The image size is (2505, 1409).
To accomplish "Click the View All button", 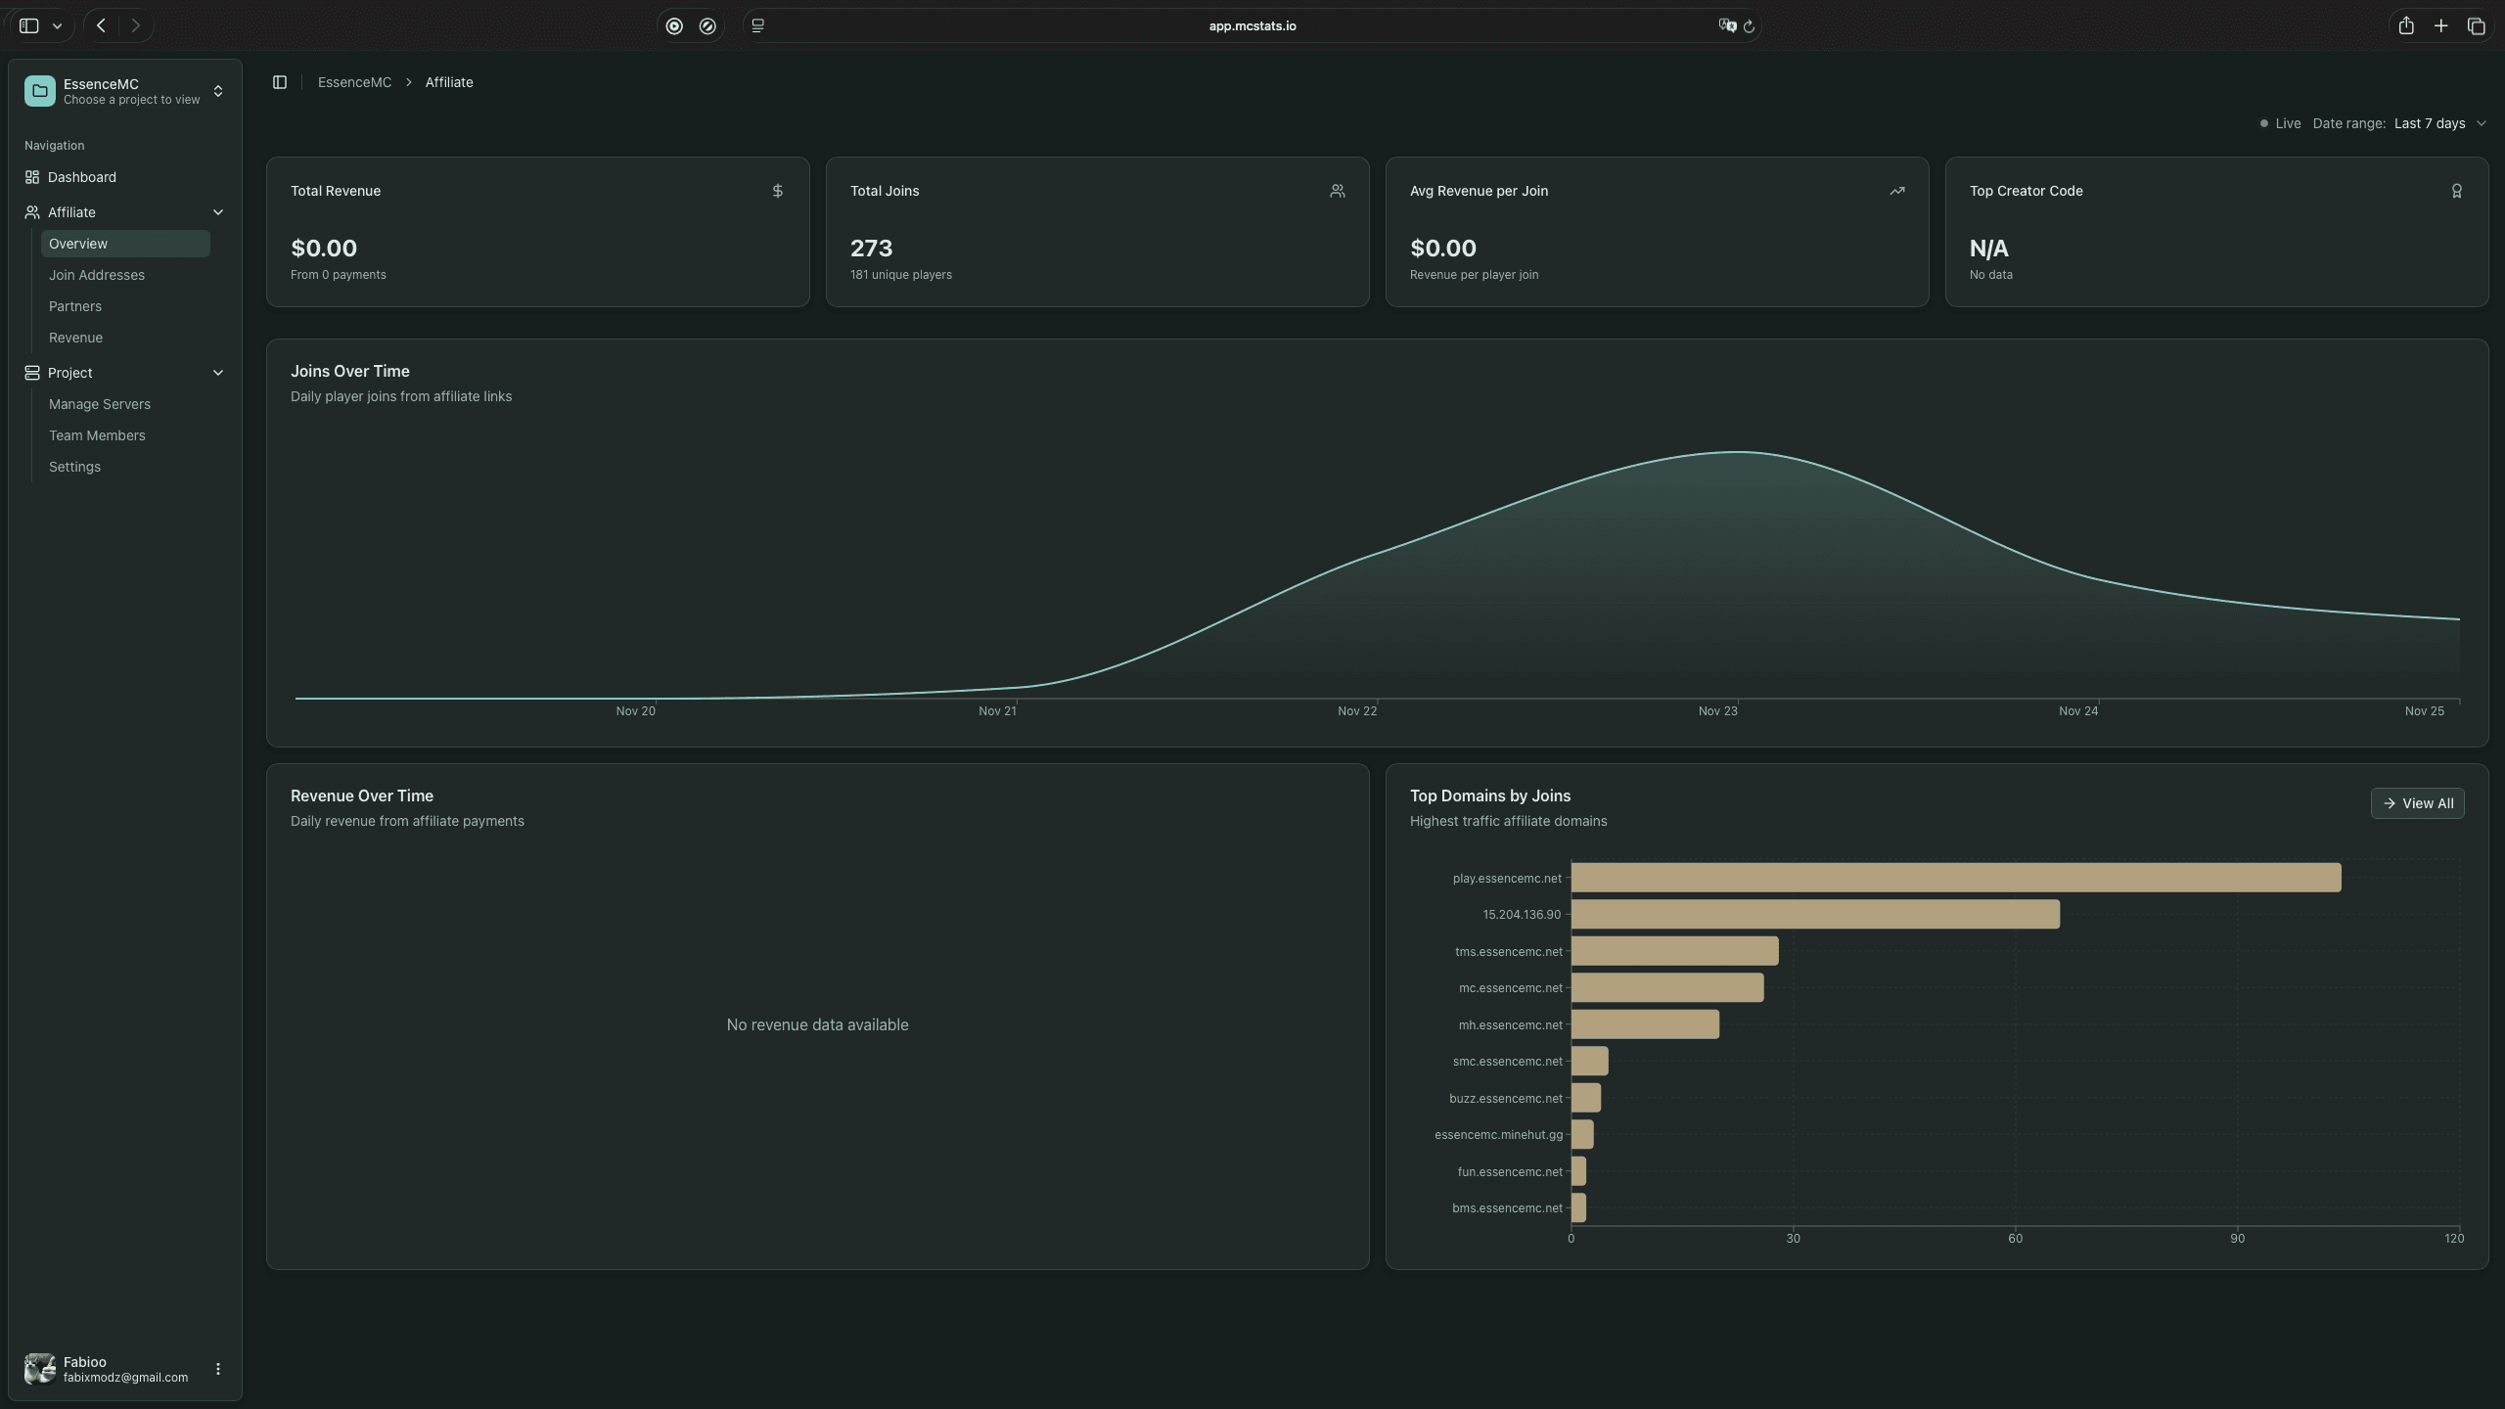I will [x=2417, y=803].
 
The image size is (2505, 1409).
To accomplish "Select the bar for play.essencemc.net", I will [x=1955, y=878].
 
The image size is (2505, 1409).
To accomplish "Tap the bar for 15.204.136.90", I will [x=1814, y=915].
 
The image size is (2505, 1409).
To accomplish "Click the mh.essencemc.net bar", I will [x=1644, y=1024].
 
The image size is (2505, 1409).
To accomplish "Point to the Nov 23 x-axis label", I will [x=1717, y=711].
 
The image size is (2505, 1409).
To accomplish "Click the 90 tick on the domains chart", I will [x=2237, y=1239].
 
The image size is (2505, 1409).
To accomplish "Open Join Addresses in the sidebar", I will [x=97, y=275].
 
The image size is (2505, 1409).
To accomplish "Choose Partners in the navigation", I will [x=75, y=306].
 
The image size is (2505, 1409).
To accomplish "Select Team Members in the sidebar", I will [x=97, y=435].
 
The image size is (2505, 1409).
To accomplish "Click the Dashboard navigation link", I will [x=82, y=177].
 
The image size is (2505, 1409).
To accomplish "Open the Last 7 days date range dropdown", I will [x=2439, y=123].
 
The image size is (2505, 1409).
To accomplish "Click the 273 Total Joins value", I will [x=871, y=249].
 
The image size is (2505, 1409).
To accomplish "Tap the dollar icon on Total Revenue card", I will [x=777, y=191].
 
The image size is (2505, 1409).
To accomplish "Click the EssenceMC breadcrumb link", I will [x=354, y=82].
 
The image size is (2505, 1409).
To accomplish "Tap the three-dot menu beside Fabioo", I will [x=218, y=1369].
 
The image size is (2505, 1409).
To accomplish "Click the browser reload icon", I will [x=1749, y=26].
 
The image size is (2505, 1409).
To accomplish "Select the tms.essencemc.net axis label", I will [x=1508, y=952].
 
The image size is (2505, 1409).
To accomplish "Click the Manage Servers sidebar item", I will [x=100, y=404].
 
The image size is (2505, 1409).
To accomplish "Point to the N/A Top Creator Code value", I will [x=1988, y=249].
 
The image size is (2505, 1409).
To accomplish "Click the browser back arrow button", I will [x=101, y=26].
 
